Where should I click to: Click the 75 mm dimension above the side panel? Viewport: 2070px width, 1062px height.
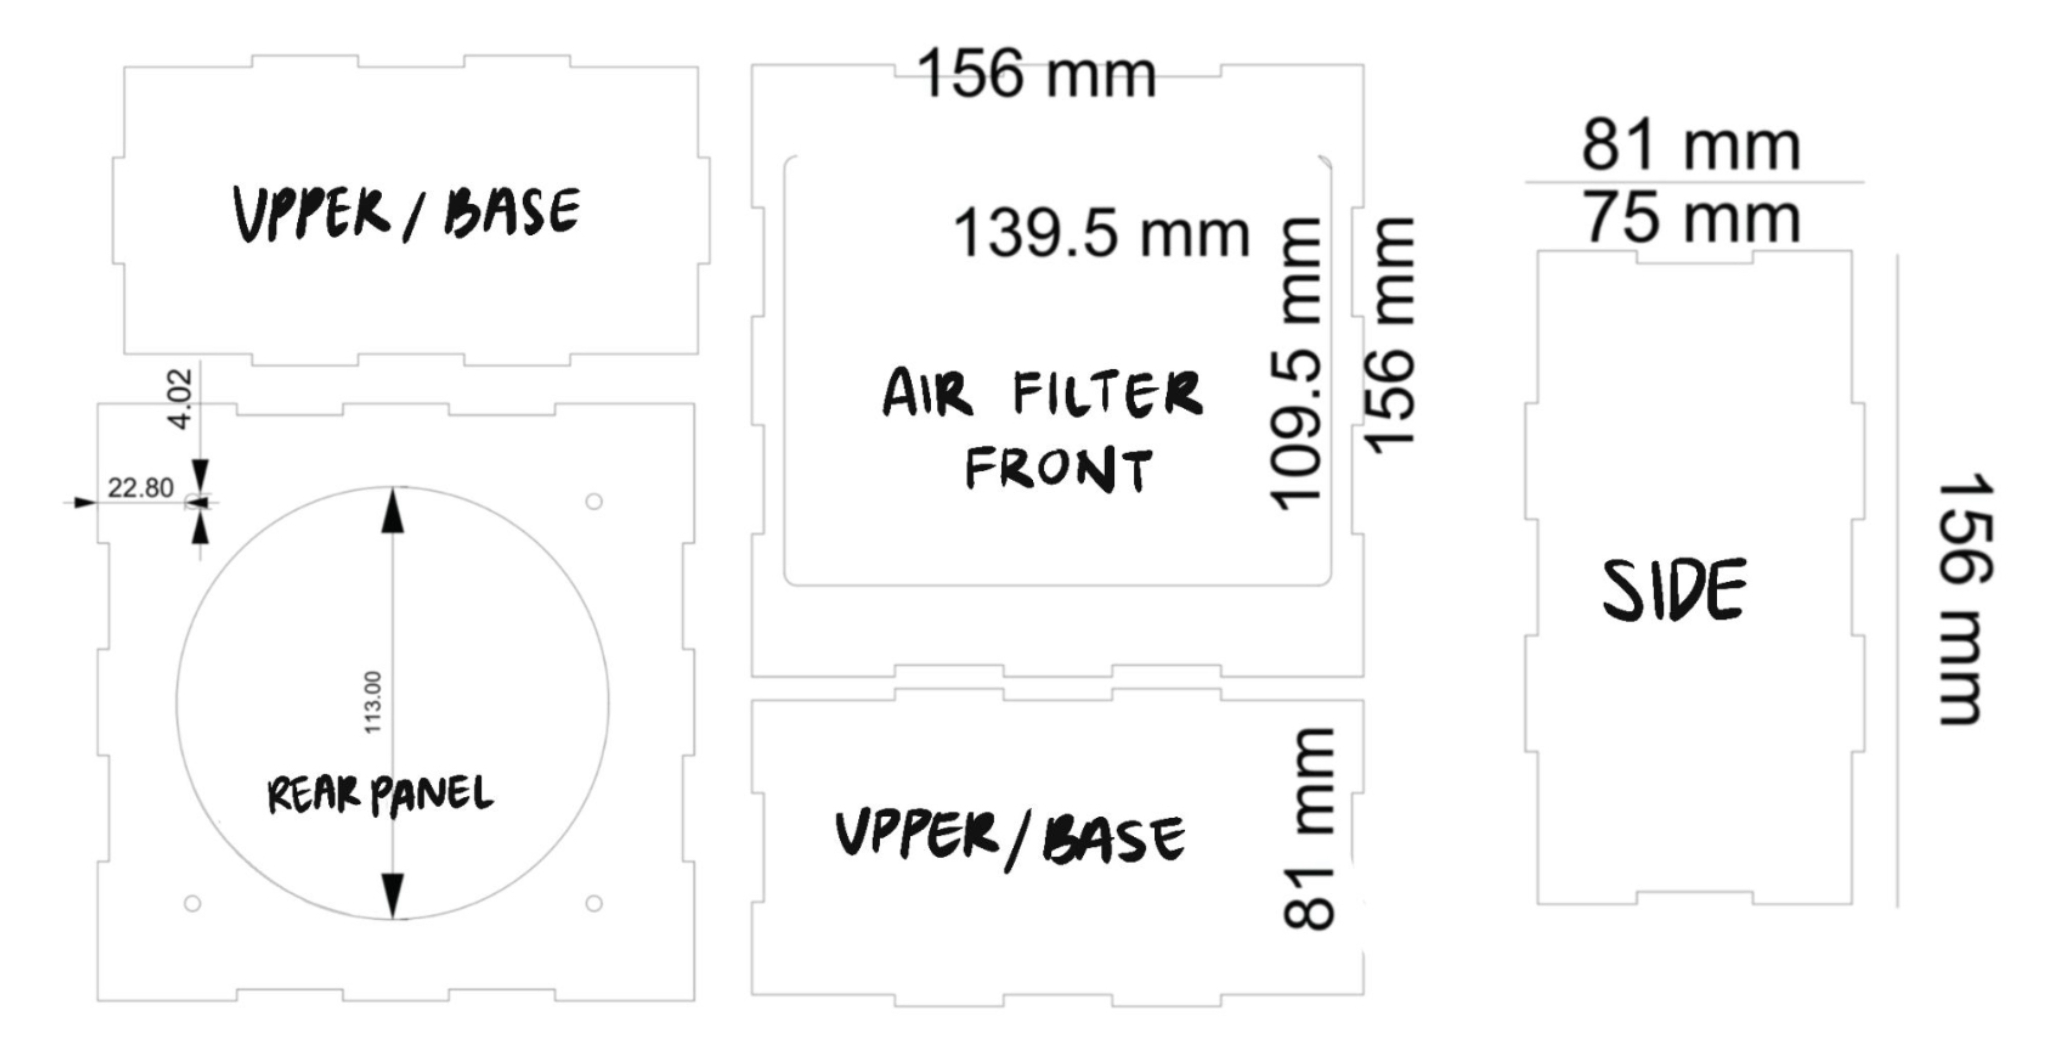click(1691, 219)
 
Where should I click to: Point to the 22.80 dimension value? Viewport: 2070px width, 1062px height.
click(141, 488)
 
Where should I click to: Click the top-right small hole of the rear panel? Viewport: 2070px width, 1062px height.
click(594, 502)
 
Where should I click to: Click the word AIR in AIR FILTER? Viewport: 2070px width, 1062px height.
click(928, 394)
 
